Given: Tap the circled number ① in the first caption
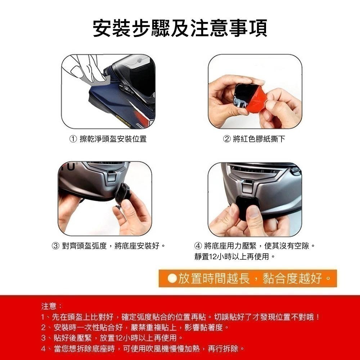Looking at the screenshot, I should [x=73, y=139].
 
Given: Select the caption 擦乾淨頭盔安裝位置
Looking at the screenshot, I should [x=113, y=139].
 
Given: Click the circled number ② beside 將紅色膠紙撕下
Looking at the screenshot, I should [x=227, y=139].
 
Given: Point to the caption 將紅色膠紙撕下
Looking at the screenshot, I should [x=259, y=139].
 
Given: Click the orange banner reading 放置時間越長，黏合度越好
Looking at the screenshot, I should [x=248, y=278].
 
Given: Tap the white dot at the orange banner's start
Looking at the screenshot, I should [x=172, y=278].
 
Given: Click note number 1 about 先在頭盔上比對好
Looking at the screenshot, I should [x=180, y=318].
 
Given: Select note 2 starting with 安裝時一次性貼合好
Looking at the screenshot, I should [x=135, y=328].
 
